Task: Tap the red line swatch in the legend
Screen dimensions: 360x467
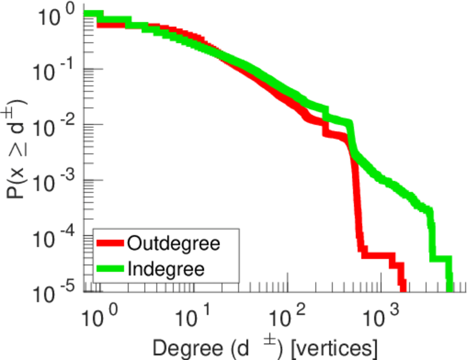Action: coord(110,243)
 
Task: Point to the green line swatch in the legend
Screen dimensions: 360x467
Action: coord(110,268)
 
